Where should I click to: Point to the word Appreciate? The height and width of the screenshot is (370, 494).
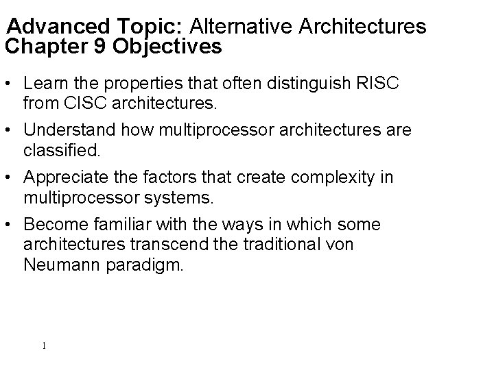point(64,177)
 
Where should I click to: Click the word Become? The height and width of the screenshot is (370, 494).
point(53,224)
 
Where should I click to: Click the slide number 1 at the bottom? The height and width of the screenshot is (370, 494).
point(43,345)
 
